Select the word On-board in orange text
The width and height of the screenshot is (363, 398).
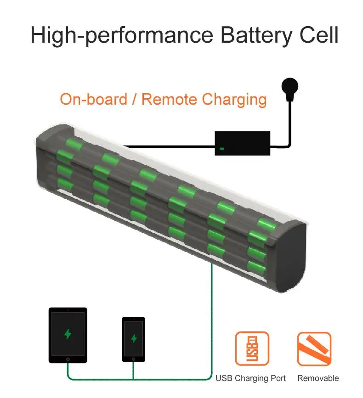click(x=94, y=99)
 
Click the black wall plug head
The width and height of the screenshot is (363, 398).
click(x=289, y=86)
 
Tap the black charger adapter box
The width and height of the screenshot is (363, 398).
click(x=243, y=143)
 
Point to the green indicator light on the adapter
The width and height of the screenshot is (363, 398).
click(x=222, y=148)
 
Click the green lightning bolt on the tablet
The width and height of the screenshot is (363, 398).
click(x=68, y=334)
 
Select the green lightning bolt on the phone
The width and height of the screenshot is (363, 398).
click(x=134, y=338)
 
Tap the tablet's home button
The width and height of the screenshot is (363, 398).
click(x=68, y=359)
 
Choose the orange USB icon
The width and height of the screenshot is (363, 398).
click(x=252, y=349)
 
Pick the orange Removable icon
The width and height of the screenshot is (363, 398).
click(x=314, y=349)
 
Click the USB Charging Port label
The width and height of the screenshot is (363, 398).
click(x=250, y=378)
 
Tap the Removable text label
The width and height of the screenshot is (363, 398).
click(x=318, y=378)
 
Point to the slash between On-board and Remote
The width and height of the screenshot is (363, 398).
click(x=135, y=99)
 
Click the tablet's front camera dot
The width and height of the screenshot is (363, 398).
click(x=68, y=310)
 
